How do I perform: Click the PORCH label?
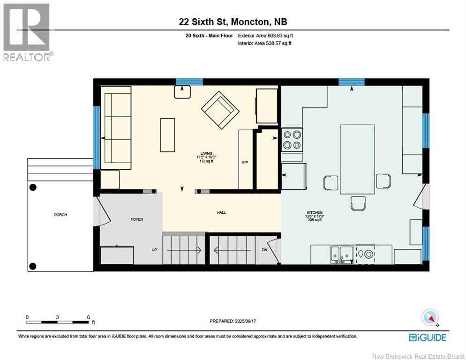(60, 215)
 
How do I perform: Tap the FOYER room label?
(136, 219)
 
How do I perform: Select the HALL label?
(221, 212)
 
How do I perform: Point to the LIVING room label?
(206, 153)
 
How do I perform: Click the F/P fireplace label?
(245, 162)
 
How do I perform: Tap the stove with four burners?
(292, 139)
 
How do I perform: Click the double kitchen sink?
(341, 254)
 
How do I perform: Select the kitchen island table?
(357, 159)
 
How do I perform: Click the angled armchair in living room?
(220, 110)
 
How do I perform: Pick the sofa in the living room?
(117, 128)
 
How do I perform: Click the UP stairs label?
(154, 250)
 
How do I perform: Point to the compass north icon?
(430, 318)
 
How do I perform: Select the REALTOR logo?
(27, 32)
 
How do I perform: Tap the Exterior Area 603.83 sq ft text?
(265, 36)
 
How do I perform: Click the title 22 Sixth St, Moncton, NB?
(233, 22)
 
